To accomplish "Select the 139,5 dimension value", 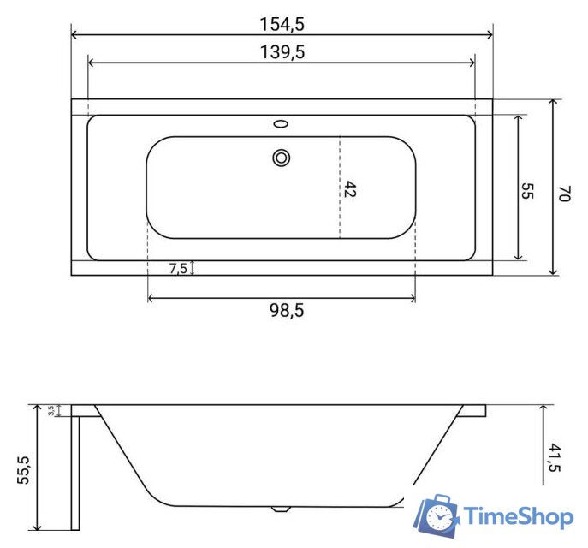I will pos(282,51).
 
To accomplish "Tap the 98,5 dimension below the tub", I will pos(282,311).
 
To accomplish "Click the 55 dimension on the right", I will pos(527,188).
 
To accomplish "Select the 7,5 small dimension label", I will pos(178,268).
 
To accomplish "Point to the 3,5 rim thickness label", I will pos(53,410).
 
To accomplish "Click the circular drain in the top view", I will pos(282,157).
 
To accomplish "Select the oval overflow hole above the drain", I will pos(282,124).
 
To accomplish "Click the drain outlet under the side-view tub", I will pos(280,509).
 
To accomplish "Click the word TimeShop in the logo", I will pos(517,516).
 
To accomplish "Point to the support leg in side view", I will pos(74,471).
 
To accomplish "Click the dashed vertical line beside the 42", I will pos(340,188).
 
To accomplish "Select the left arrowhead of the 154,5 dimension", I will pos(74,35).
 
